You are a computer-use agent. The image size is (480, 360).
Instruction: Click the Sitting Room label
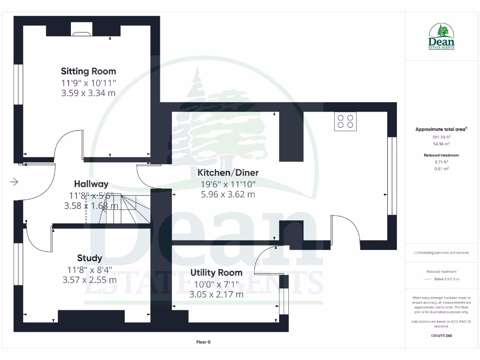[x=88, y=71]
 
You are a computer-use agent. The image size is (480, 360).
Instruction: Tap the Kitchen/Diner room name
[x=228, y=172]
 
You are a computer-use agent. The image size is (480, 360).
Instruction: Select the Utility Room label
[x=216, y=272]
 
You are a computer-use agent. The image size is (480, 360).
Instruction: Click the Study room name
[x=90, y=258]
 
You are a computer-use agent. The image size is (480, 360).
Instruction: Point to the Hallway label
[x=91, y=184]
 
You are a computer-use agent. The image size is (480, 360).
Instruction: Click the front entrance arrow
[x=14, y=182]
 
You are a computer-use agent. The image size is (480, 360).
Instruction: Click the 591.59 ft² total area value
[x=441, y=137]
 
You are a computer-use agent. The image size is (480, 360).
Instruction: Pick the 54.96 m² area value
[x=441, y=144]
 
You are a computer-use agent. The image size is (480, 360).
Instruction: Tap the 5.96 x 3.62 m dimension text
[x=228, y=194]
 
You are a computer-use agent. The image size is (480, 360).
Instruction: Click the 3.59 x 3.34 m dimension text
[x=88, y=93]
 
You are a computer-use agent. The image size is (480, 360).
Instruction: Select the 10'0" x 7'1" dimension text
[x=216, y=284]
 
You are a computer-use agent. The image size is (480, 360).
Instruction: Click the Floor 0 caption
[x=203, y=342]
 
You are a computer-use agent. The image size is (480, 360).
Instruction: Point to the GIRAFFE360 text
[x=441, y=336]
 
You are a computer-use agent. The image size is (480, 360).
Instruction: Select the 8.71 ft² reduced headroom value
[x=441, y=161]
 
